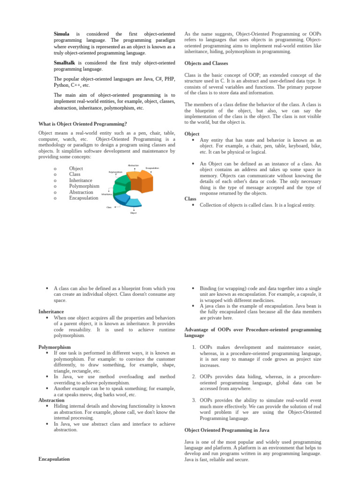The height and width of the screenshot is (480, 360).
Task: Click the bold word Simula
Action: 61,34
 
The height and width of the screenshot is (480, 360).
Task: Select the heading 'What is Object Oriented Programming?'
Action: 82,124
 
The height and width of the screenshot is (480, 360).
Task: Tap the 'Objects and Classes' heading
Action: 206,63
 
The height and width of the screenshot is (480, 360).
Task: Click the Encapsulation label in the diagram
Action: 152,168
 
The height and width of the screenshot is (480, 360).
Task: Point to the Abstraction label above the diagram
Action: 133,165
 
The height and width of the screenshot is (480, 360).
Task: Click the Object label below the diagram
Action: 133,213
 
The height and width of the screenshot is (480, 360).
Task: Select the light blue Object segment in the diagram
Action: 132,202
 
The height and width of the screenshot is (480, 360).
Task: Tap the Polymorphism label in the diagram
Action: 115,172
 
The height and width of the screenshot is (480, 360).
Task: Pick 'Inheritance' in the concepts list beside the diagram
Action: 81,180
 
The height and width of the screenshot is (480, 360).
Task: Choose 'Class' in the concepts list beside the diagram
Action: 75,174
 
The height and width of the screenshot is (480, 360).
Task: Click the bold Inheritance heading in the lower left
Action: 51,311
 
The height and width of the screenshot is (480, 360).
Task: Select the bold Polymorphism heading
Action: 54,347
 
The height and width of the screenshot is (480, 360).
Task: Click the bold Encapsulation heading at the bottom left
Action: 54,459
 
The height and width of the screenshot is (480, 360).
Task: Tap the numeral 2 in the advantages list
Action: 194,376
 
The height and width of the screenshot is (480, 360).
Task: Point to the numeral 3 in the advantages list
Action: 194,400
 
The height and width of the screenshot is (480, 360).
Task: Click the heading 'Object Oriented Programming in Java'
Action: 227,430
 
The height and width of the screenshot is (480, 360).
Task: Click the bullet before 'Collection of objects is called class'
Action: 193,205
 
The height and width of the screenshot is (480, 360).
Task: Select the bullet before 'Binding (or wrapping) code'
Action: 193,288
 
